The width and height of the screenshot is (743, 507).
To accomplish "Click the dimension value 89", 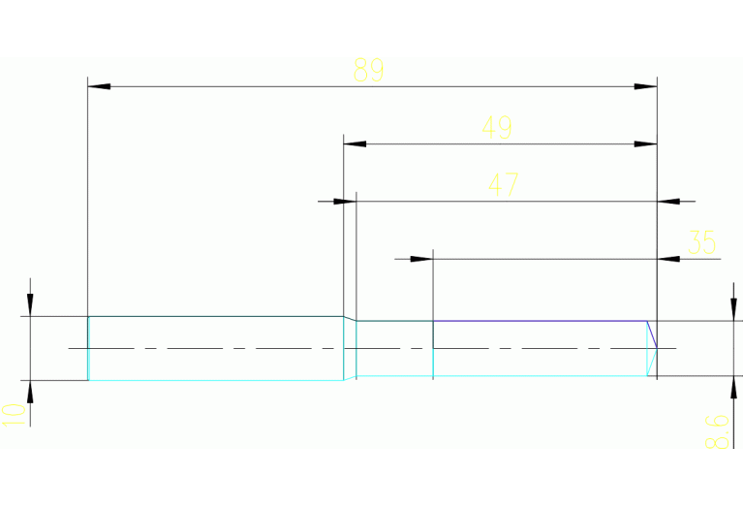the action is pos(368,70).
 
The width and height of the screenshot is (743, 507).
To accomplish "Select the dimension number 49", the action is pos(497,127).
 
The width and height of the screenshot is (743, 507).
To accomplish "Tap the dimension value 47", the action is pos(503,184).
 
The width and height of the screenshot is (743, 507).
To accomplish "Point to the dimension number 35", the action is pos(700,241).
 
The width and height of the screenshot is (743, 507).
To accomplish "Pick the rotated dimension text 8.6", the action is pos(716,430).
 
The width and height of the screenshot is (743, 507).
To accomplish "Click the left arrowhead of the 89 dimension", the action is pos(99,87).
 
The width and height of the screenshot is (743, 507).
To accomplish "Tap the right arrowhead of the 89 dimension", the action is pos(646,87).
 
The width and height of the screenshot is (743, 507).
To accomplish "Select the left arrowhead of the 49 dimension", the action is pos(356,144).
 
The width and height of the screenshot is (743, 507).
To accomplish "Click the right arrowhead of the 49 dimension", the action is pos(646,144).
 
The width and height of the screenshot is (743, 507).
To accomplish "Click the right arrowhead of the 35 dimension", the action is pos(668,259).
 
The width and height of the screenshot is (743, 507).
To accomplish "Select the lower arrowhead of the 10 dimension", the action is pos(30,392).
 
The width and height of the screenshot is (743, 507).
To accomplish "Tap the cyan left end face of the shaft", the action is pos(88,348).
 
